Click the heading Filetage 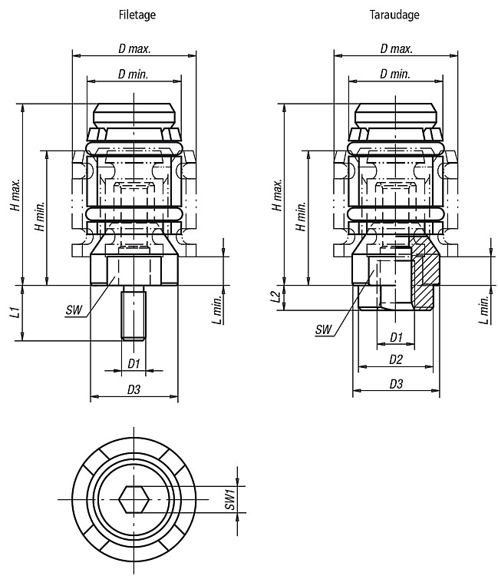[x=137, y=15]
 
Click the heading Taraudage [x=394, y=15]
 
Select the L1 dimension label [x=15, y=313]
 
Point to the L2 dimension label [x=278, y=296]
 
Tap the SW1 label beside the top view [x=229, y=499]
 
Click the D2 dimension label [x=396, y=359]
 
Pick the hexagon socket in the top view [x=134, y=500]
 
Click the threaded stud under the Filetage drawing [x=134, y=313]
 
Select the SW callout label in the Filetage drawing [x=74, y=310]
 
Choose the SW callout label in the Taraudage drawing [x=323, y=329]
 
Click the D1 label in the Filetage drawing [x=134, y=364]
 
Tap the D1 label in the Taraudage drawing [x=396, y=337]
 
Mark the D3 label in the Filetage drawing [x=134, y=389]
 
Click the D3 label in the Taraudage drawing [x=396, y=384]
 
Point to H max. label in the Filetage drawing [x=15, y=195]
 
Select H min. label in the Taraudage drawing [x=301, y=216]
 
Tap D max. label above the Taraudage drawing [x=397, y=49]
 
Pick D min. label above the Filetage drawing [x=134, y=74]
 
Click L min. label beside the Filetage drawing [x=217, y=310]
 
